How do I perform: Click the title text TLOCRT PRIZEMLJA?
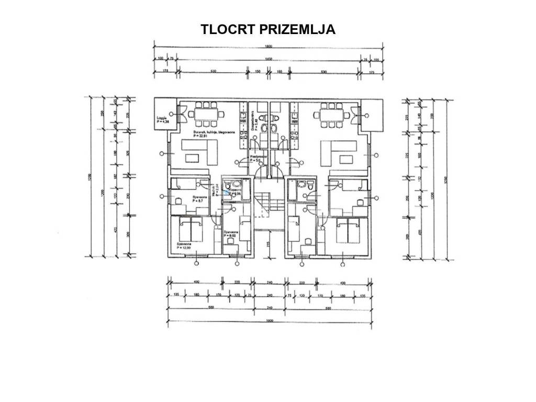(x=267, y=29)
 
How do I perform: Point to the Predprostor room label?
(x=258, y=159)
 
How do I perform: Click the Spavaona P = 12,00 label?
(x=183, y=245)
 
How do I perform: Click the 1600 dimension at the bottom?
(x=268, y=320)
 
